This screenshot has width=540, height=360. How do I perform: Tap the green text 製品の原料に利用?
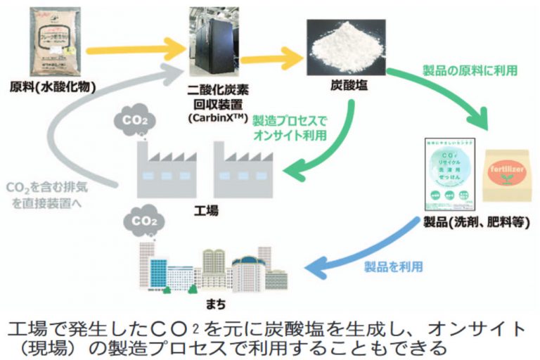[470, 71]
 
